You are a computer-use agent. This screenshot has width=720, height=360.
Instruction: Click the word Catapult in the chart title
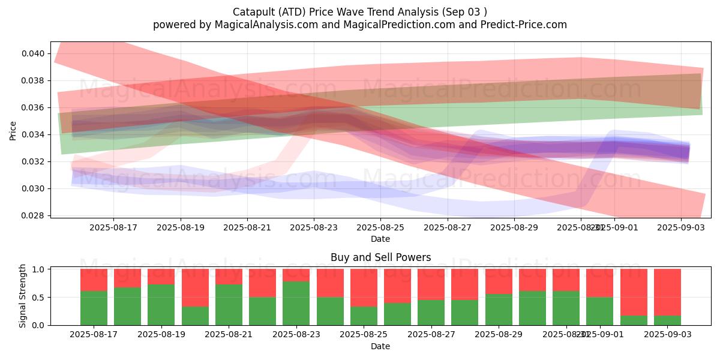[x=252, y=11]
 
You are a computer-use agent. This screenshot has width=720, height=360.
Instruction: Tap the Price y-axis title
[x=13, y=130]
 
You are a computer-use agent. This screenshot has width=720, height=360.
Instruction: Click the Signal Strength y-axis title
[x=22, y=296]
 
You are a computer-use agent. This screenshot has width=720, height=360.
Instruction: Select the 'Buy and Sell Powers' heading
[x=380, y=257]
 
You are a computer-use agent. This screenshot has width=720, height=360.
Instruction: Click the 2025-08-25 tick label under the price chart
[x=380, y=227]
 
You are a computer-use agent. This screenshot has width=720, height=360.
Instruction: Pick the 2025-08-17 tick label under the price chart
[x=113, y=227]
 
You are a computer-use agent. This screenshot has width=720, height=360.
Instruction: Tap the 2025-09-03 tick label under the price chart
[x=680, y=227]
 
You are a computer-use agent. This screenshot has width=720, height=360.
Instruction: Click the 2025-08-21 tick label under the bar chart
[x=229, y=335]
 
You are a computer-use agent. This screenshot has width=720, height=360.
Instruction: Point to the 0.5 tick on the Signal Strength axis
[x=38, y=297]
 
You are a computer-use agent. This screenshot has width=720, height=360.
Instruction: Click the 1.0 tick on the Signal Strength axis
[x=38, y=269]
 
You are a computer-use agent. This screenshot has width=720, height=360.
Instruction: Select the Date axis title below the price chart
[x=380, y=239]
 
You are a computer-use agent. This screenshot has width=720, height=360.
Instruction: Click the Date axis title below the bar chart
[x=380, y=346]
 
